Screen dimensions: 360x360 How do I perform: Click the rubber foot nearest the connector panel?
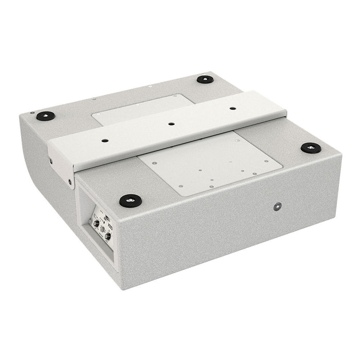[x=130, y=200]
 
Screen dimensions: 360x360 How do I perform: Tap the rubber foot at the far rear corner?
[x=205, y=80]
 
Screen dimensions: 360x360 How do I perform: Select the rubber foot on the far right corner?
[x=311, y=148]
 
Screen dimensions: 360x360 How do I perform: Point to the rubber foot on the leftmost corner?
[x=46, y=116]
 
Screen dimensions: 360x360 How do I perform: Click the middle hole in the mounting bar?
[x=171, y=124]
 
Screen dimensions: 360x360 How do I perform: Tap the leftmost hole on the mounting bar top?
[x=105, y=140]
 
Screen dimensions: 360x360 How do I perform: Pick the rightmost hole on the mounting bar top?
[x=232, y=109]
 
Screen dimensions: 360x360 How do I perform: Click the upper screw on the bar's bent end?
[x=51, y=160]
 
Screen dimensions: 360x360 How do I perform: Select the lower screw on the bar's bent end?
[x=70, y=181]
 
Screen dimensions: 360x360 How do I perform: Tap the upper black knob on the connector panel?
[x=96, y=223]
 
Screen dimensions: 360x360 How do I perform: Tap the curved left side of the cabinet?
[x=31, y=149]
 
